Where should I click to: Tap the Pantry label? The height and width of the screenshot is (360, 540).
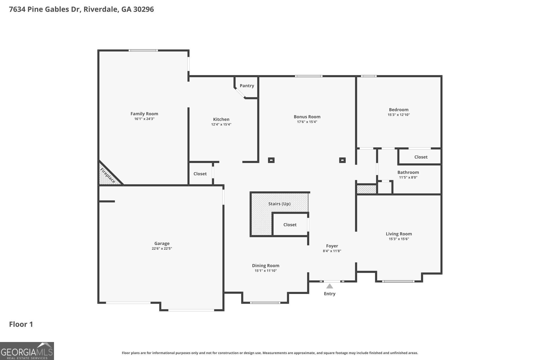247,86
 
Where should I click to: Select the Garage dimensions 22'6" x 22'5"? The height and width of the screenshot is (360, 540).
162,249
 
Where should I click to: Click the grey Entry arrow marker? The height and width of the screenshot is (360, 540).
330,286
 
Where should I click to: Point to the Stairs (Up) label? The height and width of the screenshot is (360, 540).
279,204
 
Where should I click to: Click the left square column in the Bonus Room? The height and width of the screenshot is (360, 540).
271,160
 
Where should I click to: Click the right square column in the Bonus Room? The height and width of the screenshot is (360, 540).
342,160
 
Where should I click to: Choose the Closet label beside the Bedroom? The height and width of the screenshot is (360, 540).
421,157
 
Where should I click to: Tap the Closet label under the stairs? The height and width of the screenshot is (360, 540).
290,225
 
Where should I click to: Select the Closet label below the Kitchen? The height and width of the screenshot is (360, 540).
200,174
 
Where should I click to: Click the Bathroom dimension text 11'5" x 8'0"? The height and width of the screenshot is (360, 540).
408,177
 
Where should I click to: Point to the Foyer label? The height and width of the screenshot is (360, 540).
332,246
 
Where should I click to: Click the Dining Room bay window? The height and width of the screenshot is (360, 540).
265,303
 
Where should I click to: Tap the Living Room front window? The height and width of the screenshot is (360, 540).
398,281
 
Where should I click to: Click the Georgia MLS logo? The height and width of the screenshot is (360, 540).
27,351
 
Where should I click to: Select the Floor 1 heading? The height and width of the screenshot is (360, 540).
21,324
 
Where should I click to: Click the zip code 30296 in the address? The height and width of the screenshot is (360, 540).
143,9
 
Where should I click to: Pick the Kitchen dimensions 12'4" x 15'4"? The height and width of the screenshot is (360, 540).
221,125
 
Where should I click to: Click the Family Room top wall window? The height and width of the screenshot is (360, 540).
143,50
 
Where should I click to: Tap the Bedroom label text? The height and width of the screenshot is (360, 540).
399,110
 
